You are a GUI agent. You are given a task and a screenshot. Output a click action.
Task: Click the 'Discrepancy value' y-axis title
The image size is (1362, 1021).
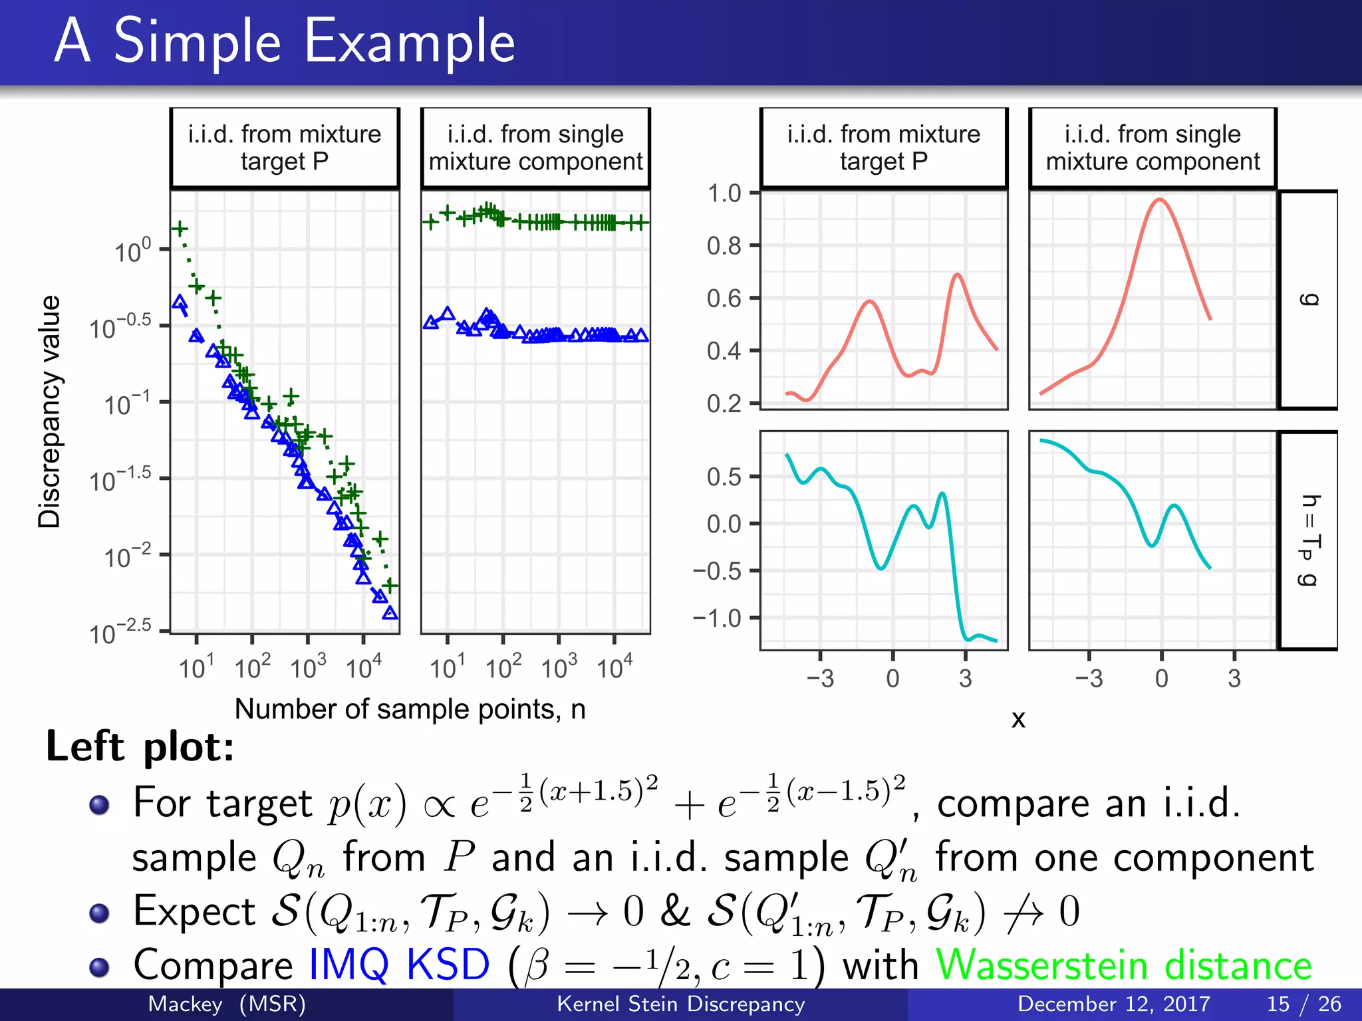pyautogui.click(x=49, y=411)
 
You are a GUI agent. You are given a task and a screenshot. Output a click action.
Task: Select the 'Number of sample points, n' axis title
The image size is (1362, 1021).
pyautogui.click(x=410, y=709)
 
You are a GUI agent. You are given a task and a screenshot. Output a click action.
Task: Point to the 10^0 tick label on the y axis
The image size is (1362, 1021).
pyautogui.click(x=133, y=251)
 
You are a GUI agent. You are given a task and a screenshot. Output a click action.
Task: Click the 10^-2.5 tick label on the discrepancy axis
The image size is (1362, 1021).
pyautogui.click(x=120, y=632)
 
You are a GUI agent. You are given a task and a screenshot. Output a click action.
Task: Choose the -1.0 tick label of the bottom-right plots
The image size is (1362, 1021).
pyautogui.click(x=717, y=618)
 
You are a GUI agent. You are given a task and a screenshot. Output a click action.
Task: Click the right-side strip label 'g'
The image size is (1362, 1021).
pyautogui.click(x=1308, y=300)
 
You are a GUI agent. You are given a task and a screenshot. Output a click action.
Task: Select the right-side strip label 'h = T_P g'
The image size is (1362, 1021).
pyautogui.click(x=1308, y=540)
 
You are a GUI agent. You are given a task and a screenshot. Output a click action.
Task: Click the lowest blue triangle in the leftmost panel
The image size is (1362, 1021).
pyautogui.click(x=390, y=613)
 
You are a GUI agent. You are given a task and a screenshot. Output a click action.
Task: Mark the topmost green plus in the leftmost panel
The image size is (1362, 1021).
pyautogui.click(x=180, y=229)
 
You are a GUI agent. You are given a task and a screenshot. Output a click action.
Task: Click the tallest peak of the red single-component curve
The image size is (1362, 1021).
pyautogui.click(x=1159, y=199)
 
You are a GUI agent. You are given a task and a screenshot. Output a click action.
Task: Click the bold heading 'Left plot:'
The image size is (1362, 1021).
pyautogui.click(x=140, y=746)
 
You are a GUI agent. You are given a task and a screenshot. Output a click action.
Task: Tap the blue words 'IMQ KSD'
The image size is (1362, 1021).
pyautogui.click(x=399, y=964)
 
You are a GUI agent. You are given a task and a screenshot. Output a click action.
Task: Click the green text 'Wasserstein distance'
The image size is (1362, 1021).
pyautogui.click(x=1123, y=964)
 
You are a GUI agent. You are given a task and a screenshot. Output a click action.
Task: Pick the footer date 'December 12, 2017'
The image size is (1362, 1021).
pyautogui.click(x=1113, y=1004)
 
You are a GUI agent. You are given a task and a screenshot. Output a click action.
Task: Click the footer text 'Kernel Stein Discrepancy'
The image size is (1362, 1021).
pyautogui.click(x=680, y=1004)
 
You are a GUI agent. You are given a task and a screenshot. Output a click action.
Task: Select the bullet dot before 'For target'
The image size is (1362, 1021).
pyautogui.click(x=100, y=805)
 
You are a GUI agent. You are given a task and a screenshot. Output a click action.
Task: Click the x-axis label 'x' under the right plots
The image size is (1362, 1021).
pyautogui.click(x=1018, y=719)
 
